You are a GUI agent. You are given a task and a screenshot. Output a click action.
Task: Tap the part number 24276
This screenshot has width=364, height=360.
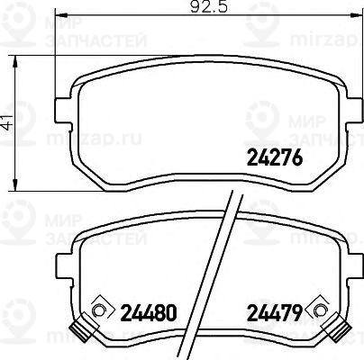(272, 159)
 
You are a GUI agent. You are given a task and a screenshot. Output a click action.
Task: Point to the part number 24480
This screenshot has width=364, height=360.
(146, 313)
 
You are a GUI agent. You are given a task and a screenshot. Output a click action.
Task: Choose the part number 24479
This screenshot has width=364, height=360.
(273, 313)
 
